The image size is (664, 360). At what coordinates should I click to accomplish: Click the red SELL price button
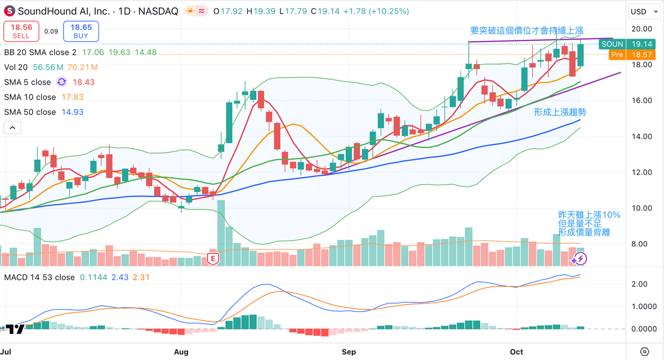tap(21, 31)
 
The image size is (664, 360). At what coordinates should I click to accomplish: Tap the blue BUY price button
tap(81, 31)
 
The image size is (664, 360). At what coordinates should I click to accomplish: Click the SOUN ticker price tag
tap(613, 44)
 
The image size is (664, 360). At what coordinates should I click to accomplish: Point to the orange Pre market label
tap(616, 55)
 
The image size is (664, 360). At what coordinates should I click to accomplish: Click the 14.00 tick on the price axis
tap(641, 136)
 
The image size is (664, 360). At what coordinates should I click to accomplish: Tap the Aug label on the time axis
tap(181, 352)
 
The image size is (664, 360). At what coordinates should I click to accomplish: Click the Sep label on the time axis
tap(349, 352)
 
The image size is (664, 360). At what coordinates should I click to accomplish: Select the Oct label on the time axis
tap(516, 352)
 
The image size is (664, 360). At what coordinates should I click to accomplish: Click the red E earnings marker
tap(212, 258)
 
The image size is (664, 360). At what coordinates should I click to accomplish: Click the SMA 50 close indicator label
tap(30, 112)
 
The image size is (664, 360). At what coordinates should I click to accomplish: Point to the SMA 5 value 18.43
tap(84, 82)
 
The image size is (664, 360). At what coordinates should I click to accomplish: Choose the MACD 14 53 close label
tap(39, 277)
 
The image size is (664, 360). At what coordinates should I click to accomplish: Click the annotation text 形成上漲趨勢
tap(559, 112)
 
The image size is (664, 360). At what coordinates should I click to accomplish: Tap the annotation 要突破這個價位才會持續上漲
tap(526, 31)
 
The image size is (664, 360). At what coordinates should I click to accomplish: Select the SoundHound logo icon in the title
tap(9, 11)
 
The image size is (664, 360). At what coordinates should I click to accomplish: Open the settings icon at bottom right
tap(645, 352)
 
